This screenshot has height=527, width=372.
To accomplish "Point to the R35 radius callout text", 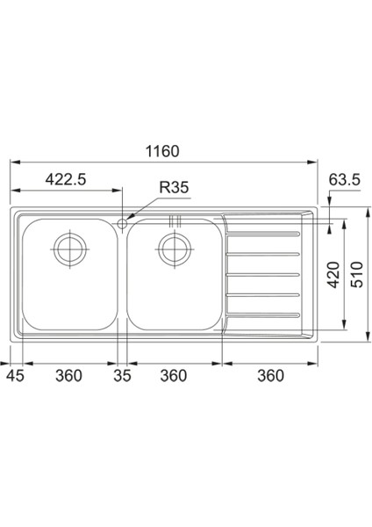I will pyautogui.click(x=174, y=186).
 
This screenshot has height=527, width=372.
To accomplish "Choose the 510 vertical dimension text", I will pyautogui.click(x=357, y=280).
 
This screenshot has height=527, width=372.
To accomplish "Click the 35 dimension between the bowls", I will pyautogui.click(x=122, y=376).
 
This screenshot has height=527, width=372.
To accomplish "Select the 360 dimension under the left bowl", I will pyautogui.click(x=68, y=376).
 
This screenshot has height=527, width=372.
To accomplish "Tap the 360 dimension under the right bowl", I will pyautogui.click(x=174, y=376).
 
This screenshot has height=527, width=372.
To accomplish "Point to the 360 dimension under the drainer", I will pyautogui.click(x=271, y=376).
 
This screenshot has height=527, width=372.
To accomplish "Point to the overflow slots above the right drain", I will pyautogui.click(x=173, y=221).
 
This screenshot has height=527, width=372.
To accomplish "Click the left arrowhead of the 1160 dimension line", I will pyautogui.click(x=12, y=162).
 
